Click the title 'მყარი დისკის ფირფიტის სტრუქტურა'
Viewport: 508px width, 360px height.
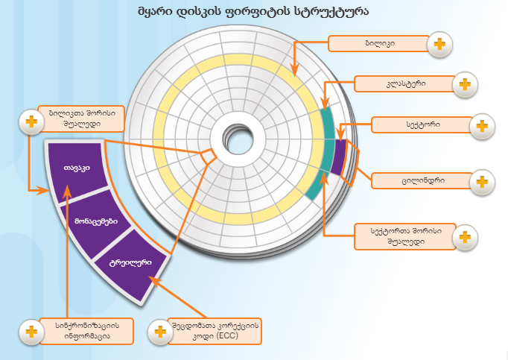click(x=253, y=12)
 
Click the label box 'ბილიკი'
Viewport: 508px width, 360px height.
click(x=380, y=44)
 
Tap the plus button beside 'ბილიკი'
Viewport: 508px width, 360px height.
click(x=439, y=45)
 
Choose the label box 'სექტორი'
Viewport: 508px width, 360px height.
click(x=420, y=124)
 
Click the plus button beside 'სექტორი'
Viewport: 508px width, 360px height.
click(x=483, y=125)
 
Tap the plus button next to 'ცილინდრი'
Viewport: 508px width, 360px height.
click(x=483, y=181)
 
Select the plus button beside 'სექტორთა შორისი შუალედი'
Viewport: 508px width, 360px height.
click(x=465, y=236)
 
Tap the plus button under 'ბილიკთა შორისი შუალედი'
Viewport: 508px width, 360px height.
click(x=30, y=121)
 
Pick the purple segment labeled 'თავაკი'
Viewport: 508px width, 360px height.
click(x=77, y=168)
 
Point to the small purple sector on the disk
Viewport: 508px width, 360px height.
click(x=340, y=157)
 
